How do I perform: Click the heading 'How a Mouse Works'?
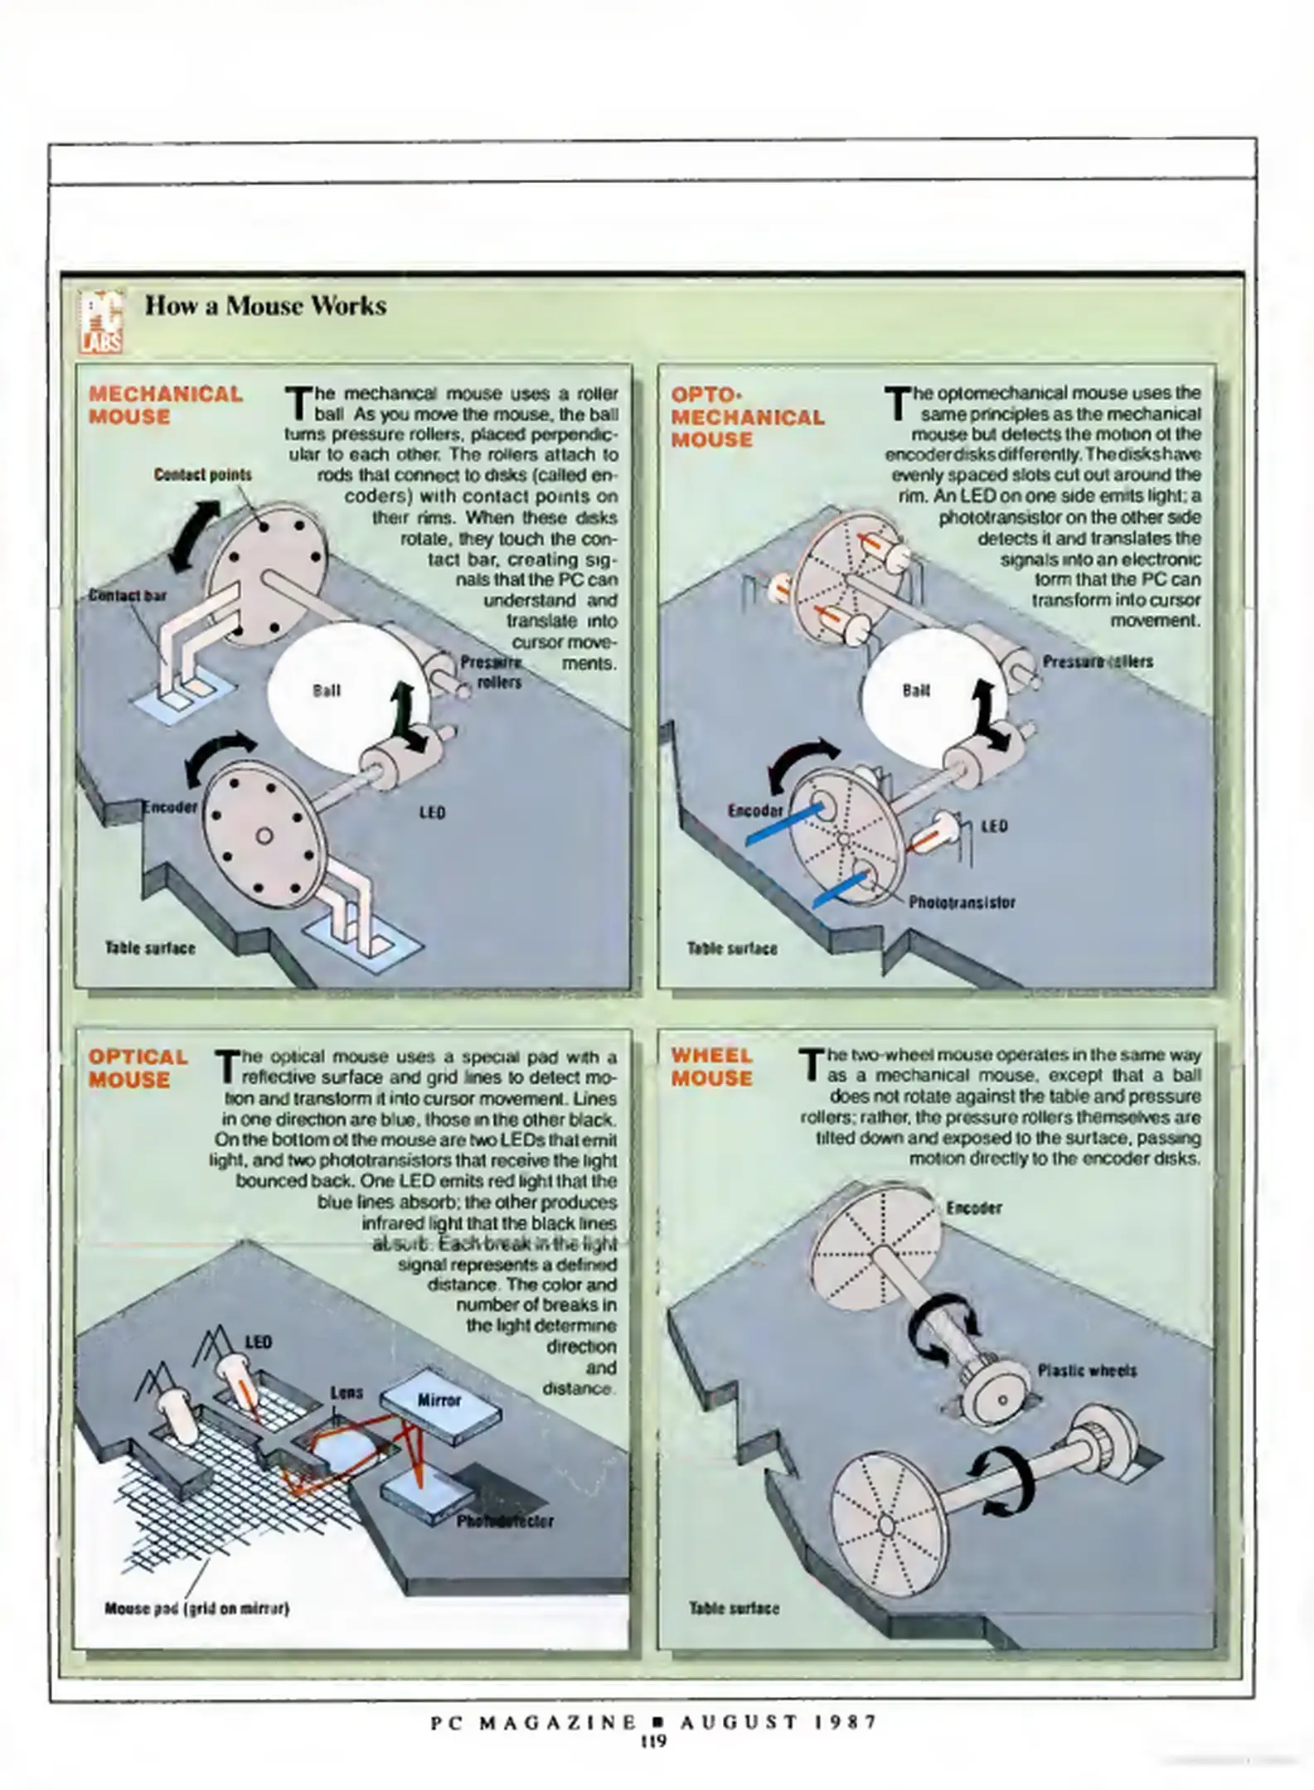coord(265,306)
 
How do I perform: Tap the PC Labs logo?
coord(101,321)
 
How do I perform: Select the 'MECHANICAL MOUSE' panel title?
coord(165,405)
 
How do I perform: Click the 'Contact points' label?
coord(202,475)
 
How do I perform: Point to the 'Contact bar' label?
coord(127,596)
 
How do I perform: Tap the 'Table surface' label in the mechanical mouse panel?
coord(150,948)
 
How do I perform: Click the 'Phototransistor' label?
coord(962,902)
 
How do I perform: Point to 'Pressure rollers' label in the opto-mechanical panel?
coord(1097,661)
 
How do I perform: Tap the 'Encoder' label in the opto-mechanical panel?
coord(754,810)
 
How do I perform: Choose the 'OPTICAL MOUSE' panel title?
coord(138,1068)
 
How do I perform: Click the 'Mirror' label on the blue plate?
coord(439,1400)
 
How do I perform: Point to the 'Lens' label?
coord(347,1392)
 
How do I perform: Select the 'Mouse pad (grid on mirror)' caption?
coord(196,1609)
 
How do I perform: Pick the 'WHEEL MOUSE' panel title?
coord(711,1067)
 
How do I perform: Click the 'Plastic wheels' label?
coord(1087,1370)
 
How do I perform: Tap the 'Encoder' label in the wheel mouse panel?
coord(973,1208)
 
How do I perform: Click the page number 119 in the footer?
coord(654,1741)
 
